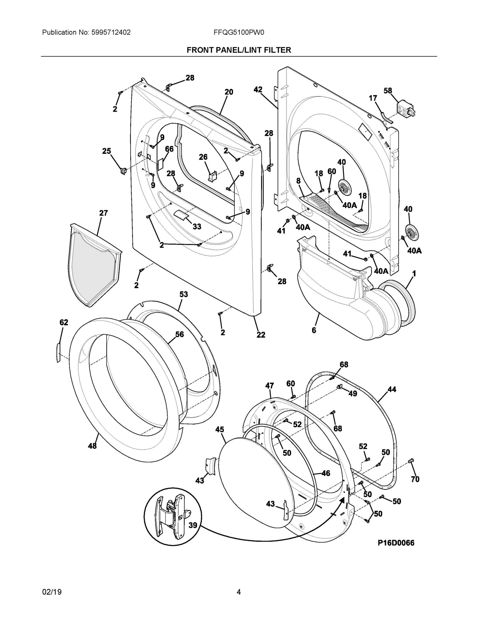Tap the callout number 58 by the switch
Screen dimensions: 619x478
coord(388,91)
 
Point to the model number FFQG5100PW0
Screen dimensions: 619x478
coord(239,32)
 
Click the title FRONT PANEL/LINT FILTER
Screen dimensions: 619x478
coord(239,50)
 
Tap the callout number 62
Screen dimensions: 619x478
coord(64,322)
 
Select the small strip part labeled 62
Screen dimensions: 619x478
coord(58,352)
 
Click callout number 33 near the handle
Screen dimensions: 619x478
coord(197,226)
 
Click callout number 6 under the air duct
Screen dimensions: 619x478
coord(314,330)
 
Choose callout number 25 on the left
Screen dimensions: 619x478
coord(106,151)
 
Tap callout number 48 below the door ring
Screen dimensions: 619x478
coord(92,446)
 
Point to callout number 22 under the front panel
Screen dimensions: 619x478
coord(261,335)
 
